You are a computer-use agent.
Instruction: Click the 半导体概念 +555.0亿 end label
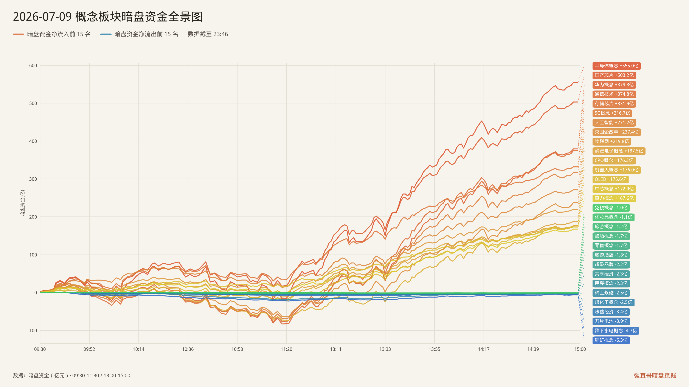point(616,66)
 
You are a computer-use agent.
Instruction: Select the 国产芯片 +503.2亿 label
point(614,75)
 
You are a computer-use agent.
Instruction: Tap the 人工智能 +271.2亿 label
point(614,123)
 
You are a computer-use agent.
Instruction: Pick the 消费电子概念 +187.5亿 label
point(619,151)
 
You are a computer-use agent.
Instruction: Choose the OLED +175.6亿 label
point(610,179)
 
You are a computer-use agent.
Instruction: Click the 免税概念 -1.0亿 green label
point(611,208)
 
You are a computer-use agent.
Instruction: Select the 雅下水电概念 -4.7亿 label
point(616,331)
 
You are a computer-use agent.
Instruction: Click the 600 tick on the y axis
point(33,65)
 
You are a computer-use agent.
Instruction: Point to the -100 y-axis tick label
point(32,331)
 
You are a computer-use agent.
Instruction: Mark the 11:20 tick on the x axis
point(286,349)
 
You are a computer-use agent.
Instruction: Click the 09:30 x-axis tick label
point(40,349)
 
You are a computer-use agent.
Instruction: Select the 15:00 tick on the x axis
point(580,349)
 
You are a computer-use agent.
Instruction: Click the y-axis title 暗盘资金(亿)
point(23,203)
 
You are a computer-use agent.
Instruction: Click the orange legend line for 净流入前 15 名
point(19,34)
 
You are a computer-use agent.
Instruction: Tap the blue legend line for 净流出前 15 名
point(106,34)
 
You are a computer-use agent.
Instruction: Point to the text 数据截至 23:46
point(208,34)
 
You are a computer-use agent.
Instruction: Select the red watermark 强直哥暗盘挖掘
point(655,376)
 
